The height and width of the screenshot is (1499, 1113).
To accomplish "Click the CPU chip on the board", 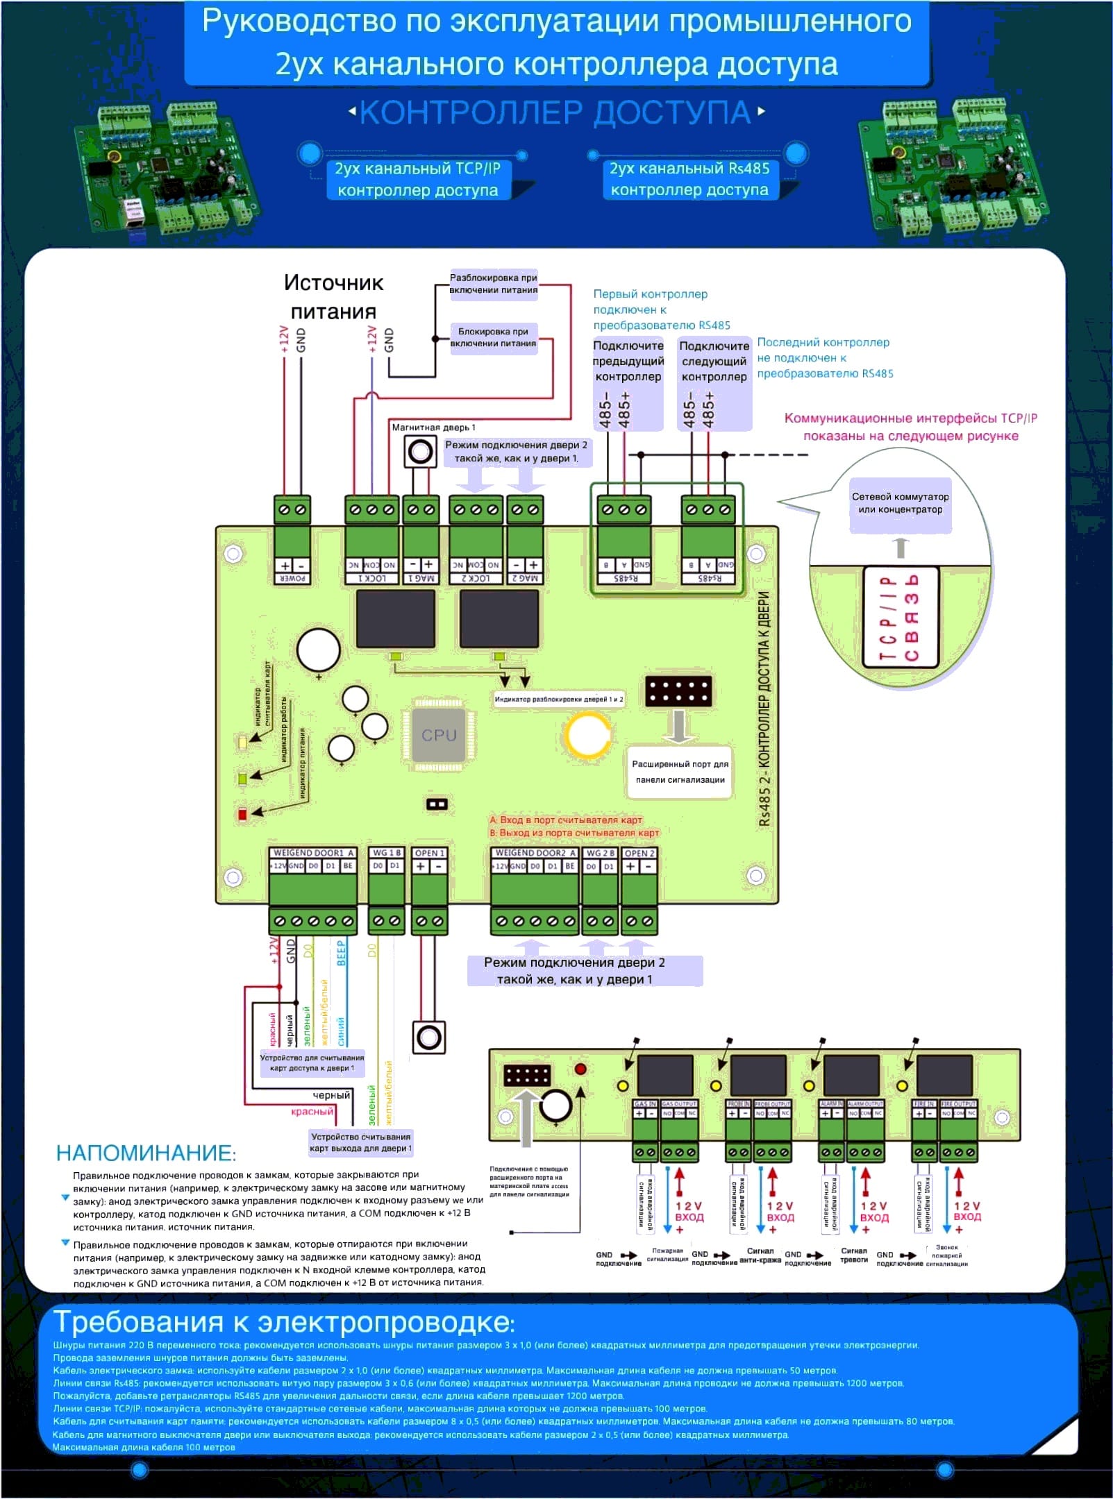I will click(x=439, y=735).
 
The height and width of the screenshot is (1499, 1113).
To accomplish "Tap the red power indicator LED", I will click(x=242, y=813).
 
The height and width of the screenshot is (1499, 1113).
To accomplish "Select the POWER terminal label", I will click(x=292, y=578).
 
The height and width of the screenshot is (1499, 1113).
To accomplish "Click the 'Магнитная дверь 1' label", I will click(x=433, y=427).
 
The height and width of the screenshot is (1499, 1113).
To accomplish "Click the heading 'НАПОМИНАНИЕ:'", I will click(x=146, y=1153).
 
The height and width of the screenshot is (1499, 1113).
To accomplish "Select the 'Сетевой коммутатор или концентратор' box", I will click(x=900, y=504).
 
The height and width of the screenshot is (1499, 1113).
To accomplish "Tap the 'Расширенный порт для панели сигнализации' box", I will click(x=680, y=772).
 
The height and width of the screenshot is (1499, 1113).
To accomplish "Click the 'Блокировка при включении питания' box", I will click(x=493, y=338).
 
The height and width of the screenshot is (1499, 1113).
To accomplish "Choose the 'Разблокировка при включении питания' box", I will click(x=493, y=284).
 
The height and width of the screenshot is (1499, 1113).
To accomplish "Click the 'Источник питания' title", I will click(x=333, y=297).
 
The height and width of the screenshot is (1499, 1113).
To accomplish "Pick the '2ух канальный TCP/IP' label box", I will click(x=417, y=179).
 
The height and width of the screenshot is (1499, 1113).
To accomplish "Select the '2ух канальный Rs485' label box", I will click(x=689, y=179).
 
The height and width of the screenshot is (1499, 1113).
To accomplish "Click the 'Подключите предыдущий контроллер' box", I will click(x=628, y=361).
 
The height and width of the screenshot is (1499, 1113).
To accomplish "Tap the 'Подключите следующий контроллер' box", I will click(x=714, y=361).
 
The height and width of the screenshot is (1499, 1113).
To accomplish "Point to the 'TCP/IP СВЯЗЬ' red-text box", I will click(x=900, y=617).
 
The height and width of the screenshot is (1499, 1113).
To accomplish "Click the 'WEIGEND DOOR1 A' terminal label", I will click(x=313, y=853).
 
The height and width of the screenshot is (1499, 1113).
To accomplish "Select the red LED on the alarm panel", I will click(x=580, y=1069).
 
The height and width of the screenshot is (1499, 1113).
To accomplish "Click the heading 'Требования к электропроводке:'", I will click(x=284, y=1322).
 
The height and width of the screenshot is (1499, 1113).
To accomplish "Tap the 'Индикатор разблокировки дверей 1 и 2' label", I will click(x=558, y=699).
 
